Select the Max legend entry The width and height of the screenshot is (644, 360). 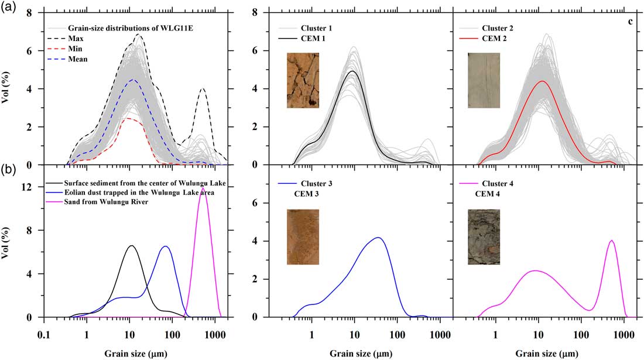click(74, 38)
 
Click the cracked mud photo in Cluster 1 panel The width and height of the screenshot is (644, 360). click(303, 80)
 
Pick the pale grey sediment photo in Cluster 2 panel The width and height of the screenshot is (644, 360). click(484, 80)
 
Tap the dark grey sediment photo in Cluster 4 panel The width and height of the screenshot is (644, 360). click(484, 237)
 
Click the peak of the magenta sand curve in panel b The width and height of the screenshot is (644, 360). click(203, 188)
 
